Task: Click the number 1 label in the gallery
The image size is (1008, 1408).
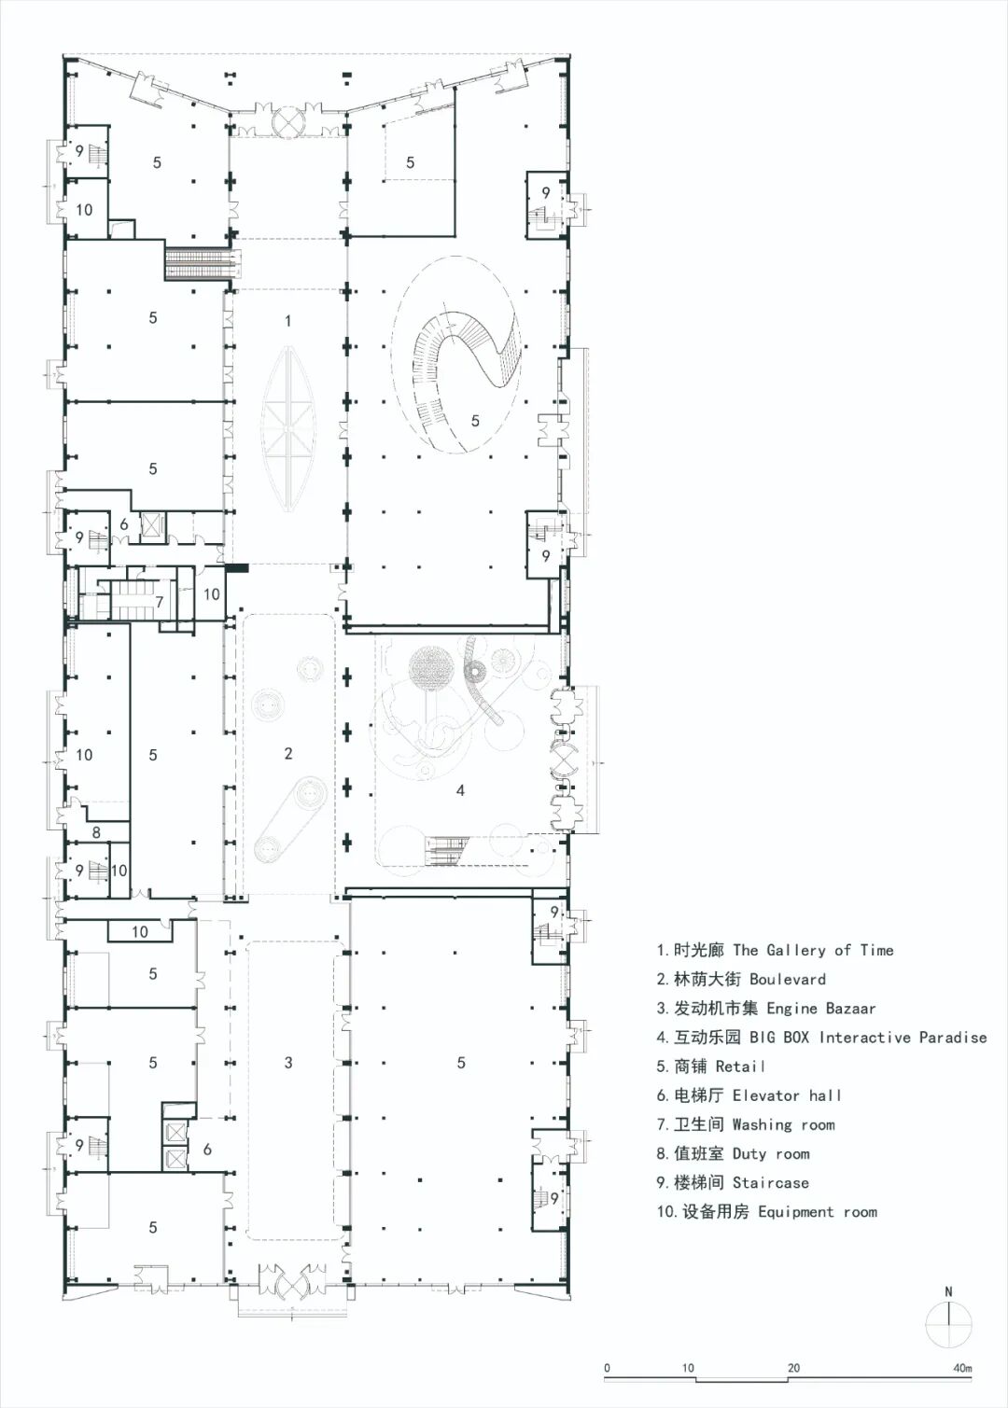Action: [x=288, y=321]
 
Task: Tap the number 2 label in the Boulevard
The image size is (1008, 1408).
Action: [x=288, y=753]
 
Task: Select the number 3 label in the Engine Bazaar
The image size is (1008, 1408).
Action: [x=288, y=1062]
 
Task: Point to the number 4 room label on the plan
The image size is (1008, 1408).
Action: [x=460, y=790]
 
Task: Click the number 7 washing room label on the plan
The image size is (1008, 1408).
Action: [x=160, y=602]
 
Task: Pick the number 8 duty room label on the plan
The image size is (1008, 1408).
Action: [x=96, y=833]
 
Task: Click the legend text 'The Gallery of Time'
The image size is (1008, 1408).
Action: [x=812, y=950]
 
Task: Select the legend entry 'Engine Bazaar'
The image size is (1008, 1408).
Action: [x=820, y=1009]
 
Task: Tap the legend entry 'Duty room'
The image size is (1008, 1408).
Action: [x=771, y=1153]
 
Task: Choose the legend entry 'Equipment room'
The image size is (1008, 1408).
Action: [x=817, y=1211]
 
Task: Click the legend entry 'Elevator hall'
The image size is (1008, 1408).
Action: [x=787, y=1095]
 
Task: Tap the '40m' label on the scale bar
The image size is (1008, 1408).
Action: [x=962, y=1368]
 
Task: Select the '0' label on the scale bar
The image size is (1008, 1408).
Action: [x=607, y=1368]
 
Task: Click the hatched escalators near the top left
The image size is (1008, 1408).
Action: [x=203, y=264]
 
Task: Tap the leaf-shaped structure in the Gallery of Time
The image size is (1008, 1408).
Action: [x=288, y=428]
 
